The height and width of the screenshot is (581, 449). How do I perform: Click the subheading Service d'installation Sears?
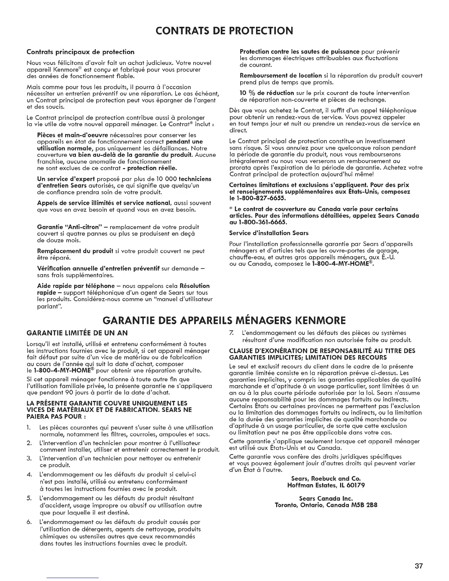(269, 233)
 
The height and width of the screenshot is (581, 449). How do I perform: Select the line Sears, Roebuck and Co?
(326, 479)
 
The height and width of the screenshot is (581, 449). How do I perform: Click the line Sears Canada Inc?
(326, 498)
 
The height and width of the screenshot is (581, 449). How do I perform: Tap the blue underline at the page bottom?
(73, 578)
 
